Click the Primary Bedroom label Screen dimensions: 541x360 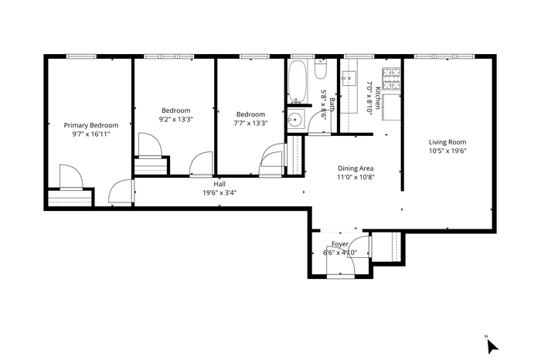click(x=91, y=125)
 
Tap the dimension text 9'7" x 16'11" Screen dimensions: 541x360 click(x=91, y=134)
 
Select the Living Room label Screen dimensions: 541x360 click(x=447, y=142)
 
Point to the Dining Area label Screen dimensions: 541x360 click(x=356, y=168)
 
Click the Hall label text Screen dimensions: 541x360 click(x=219, y=184)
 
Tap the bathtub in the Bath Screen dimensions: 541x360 click(x=298, y=82)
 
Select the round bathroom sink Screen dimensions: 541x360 click(x=295, y=119)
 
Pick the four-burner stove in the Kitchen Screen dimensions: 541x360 click(x=391, y=79)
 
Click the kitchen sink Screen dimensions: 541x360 click(x=349, y=78)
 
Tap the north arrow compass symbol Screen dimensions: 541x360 click(x=492, y=345)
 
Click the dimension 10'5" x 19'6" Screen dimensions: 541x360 click(x=447, y=151)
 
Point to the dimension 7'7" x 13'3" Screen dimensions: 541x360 click(x=251, y=123)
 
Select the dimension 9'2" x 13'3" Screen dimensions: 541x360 click(x=176, y=119)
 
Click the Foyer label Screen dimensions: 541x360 click(x=340, y=244)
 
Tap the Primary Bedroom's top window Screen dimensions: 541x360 click(x=81, y=56)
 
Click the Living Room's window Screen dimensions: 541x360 click(x=444, y=56)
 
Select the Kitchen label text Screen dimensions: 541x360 click(x=378, y=98)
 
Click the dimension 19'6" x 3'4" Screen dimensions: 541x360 click(x=219, y=193)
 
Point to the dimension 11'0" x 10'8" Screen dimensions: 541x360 click(x=356, y=177)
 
